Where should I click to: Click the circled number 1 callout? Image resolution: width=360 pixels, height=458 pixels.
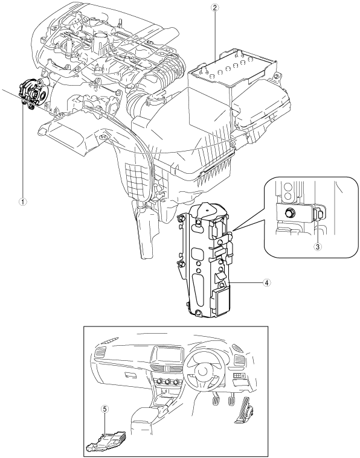pos(23,202)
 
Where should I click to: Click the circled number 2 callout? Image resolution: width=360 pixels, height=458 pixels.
pos(215,8)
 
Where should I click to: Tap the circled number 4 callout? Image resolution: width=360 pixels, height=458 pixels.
pos(266,282)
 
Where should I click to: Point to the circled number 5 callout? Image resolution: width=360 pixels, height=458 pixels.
pos(105,409)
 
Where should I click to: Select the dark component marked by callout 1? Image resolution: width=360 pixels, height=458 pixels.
pos(32,94)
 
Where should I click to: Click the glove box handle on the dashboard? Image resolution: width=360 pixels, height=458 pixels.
pos(129,375)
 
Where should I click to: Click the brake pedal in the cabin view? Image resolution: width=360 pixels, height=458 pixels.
pos(230,400)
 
